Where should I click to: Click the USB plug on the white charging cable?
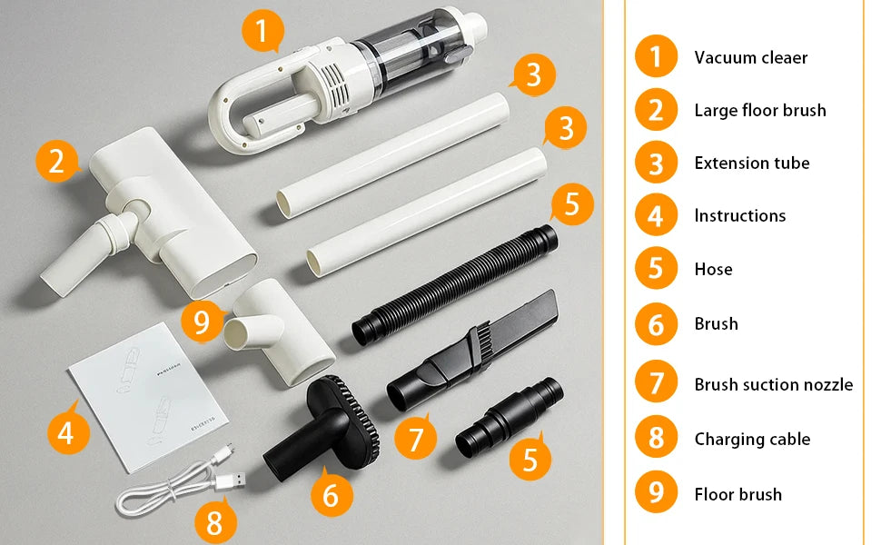pyautogui.click(x=231, y=481)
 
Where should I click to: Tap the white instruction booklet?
pyautogui.click(x=148, y=397)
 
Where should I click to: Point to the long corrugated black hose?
pyautogui.click(x=455, y=284)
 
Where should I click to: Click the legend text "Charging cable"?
pyautogui.click(x=752, y=439)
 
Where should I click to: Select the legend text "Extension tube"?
pyautogui.click(x=752, y=163)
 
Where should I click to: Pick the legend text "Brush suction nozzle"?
pyautogui.click(x=774, y=384)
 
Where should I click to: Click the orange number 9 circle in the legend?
pyautogui.click(x=657, y=491)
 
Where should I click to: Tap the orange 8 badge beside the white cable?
pyautogui.click(x=215, y=522)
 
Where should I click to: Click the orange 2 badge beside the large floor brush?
pyautogui.click(x=56, y=162)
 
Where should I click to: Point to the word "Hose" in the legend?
pyautogui.click(x=714, y=269)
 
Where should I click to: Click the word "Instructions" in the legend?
pyautogui.click(x=740, y=216)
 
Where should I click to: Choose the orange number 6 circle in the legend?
pyautogui.click(x=657, y=324)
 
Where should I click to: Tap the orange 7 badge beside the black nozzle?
pyautogui.click(x=415, y=438)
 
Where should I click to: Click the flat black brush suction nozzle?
pyautogui.click(x=472, y=351)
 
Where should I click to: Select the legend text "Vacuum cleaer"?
pyautogui.click(x=750, y=57)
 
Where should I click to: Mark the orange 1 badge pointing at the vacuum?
pyautogui.click(x=262, y=30)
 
